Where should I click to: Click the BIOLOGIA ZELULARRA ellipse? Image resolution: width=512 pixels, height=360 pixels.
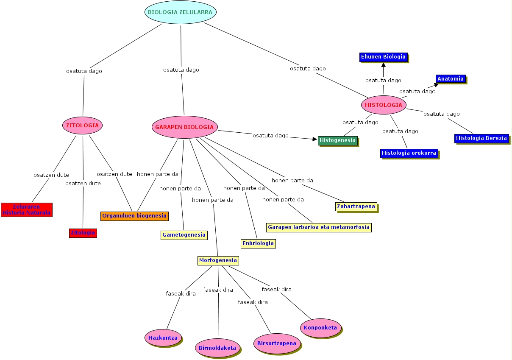click(181, 12)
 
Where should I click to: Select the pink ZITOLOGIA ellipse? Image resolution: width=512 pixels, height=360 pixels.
click(83, 126)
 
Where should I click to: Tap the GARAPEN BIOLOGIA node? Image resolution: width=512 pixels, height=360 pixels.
click(184, 127)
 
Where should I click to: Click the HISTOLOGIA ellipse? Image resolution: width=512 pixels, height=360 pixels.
click(384, 105)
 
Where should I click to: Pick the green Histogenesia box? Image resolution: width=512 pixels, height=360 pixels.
click(337, 140)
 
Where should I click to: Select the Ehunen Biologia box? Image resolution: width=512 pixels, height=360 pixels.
click(383, 57)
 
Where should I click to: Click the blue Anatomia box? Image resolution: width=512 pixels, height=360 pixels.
click(451, 79)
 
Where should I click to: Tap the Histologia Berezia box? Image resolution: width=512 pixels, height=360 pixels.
click(481, 138)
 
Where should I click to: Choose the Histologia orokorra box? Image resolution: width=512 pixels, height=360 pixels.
click(409, 153)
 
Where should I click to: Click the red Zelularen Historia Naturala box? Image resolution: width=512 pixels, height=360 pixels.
click(27, 210)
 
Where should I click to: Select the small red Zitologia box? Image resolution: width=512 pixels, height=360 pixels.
click(83, 233)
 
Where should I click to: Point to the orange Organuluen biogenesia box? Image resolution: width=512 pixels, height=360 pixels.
click(134, 215)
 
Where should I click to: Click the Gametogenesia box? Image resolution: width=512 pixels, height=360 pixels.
click(184, 235)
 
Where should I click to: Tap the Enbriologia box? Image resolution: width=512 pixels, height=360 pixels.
click(258, 243)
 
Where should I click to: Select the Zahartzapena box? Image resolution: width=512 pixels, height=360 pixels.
click(356, 207)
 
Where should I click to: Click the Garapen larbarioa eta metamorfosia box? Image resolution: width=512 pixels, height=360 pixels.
click(319, 227)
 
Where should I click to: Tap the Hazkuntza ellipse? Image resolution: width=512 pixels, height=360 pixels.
click(163, 338)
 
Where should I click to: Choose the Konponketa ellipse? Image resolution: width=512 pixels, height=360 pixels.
click(320, 327)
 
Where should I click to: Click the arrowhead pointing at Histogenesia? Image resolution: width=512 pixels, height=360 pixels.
click(315, 139)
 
